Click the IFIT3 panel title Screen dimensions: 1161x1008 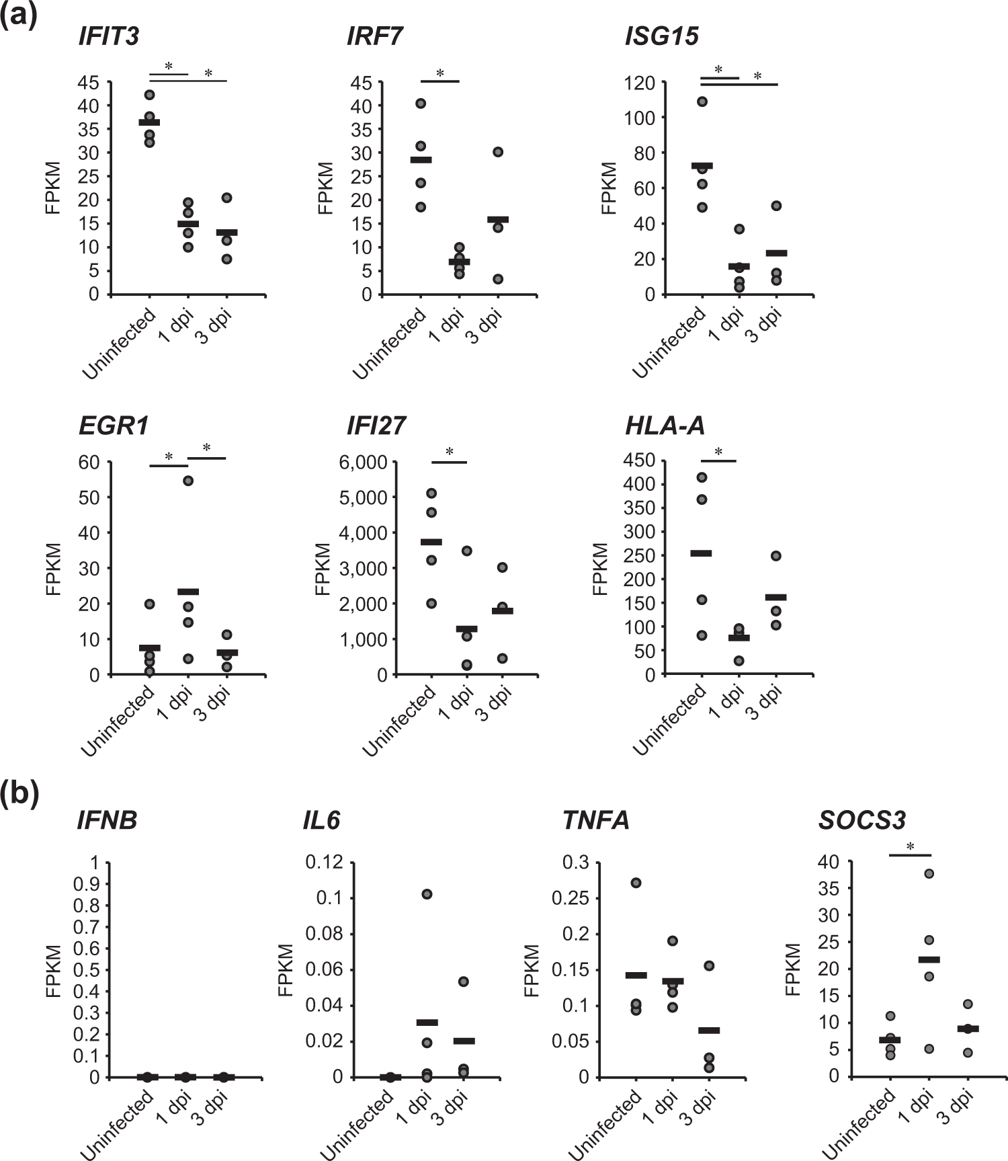point(109,36)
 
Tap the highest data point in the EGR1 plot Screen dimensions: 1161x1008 point(188,481)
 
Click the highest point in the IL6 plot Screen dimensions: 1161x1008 point(427,894)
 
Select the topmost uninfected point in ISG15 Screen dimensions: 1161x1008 point(702,102)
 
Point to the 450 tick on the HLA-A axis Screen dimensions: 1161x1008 point(640,461)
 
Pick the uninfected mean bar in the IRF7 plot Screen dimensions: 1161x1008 point(421,160)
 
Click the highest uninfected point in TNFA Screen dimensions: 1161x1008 point(636,883)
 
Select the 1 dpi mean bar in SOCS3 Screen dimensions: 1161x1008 point(929,959)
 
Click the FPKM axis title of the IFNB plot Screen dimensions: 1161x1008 point(54,970)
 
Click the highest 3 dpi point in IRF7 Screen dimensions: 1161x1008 point(498,152)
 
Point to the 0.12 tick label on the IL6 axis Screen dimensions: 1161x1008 point(324,863)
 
